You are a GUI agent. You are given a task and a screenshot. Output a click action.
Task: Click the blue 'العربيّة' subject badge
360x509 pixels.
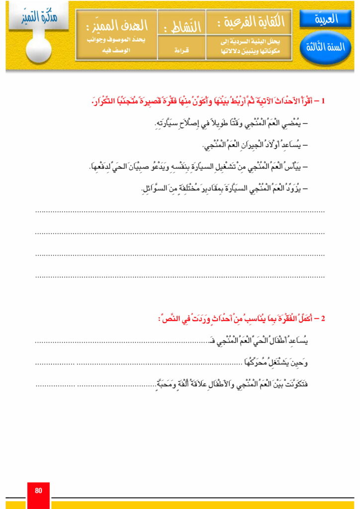point(326,19)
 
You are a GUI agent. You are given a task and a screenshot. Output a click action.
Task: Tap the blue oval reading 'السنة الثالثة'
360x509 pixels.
point(326,48)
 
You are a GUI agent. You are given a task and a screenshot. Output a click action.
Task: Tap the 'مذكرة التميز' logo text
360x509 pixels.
point(37,19)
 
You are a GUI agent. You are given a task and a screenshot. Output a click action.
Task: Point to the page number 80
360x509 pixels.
point(38,491)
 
